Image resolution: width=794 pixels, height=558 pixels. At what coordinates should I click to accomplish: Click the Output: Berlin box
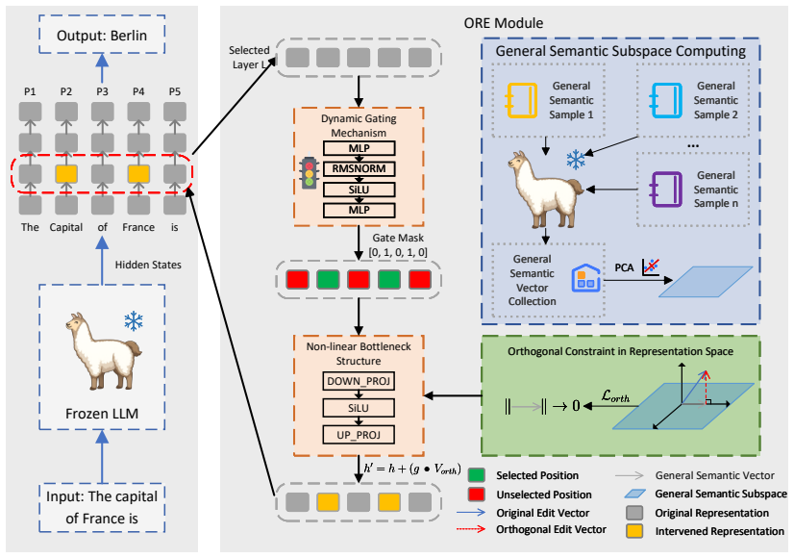tap(102, 35)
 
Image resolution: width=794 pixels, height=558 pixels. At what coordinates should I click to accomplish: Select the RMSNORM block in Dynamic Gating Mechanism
tap(359, 168)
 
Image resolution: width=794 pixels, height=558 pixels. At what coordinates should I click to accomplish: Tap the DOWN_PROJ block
tap(359, 381)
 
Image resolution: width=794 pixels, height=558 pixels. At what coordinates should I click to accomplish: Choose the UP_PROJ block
tap(359, 435)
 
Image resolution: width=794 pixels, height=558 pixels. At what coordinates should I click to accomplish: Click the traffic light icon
tap(309, 173)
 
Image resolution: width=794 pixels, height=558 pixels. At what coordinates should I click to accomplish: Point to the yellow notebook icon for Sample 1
tap(522, 100)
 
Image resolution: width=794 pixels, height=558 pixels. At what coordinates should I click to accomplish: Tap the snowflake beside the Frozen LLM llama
tap(134, 321)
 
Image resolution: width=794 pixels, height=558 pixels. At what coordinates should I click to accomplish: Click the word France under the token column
tap(138, 227)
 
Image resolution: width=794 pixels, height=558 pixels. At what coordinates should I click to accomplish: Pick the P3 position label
tap(102, 91)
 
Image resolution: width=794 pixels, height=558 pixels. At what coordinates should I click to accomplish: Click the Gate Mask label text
tap(398, 238)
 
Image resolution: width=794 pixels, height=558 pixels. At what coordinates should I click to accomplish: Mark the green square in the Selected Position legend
tap(477, 475)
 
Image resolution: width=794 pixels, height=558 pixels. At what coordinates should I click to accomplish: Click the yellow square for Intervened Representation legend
tap(634, 531)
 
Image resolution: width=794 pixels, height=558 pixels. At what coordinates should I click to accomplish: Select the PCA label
tap(624, 267)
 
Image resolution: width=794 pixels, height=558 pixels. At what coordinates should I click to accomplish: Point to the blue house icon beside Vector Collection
tap(585, 278)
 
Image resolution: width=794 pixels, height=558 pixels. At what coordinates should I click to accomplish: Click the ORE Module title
tap(504, 23)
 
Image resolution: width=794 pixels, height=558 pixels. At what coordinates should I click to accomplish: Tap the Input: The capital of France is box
tap(102, 508)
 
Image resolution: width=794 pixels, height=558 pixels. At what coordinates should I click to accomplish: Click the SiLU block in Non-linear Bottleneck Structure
tap(359, 408)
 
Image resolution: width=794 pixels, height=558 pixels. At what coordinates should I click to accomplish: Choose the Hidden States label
tap(148, 265)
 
